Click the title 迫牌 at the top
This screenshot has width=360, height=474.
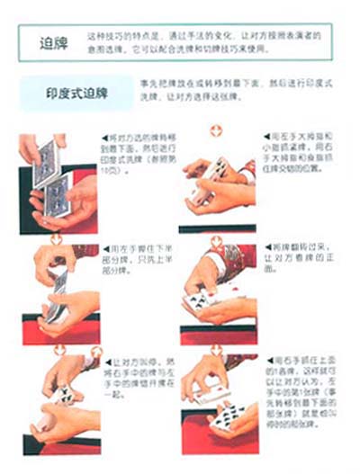[x=51, y=43]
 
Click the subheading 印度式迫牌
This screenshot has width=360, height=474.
[x=76, y=94]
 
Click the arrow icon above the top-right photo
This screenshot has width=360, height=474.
[x=216, y=130]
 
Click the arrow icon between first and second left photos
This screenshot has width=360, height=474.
[x=56, y=238]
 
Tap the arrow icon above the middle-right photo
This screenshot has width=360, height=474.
[x=216, y=238]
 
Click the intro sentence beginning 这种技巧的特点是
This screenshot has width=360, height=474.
[x=203, y=40]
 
